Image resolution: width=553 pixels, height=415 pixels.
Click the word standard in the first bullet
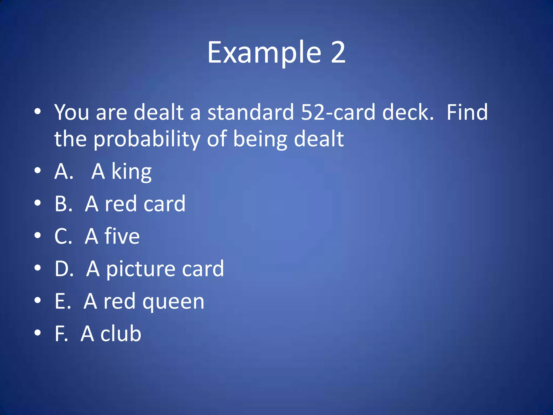click(251, 112)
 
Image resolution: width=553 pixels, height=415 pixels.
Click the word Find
click(467, 112)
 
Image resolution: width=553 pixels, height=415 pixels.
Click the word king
click(131, 172)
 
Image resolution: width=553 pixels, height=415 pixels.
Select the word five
click(122, 236)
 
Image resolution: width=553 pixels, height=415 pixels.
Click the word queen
click(173, 302)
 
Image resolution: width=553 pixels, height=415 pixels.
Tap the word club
click(121, 334)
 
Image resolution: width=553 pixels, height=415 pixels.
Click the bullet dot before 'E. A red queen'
click(38, 300)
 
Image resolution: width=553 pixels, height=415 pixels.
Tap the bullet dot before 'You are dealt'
click(38, 111)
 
